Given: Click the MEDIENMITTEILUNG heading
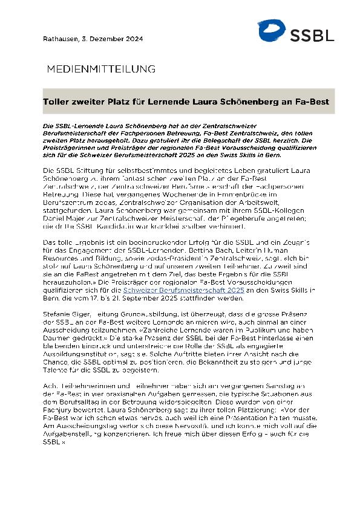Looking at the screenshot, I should click(101, 69).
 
